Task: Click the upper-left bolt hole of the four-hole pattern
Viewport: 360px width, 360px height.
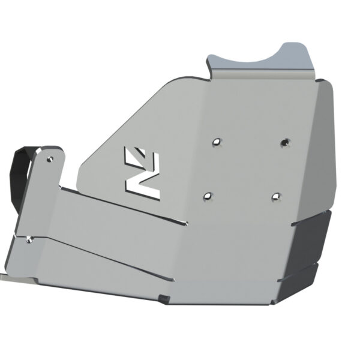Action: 217,142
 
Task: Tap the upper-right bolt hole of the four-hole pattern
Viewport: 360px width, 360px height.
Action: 284,143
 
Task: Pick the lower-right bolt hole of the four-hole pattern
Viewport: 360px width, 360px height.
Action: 275,196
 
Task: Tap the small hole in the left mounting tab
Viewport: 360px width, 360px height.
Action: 49,160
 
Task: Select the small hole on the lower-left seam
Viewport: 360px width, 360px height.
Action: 29,240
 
